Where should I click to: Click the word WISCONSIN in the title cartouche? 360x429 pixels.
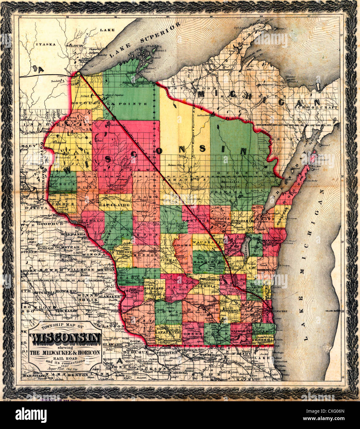point(65,340)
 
